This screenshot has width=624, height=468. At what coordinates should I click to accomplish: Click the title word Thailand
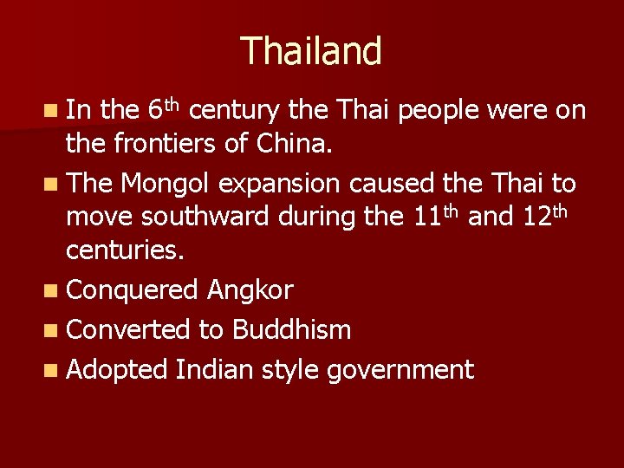pyautogui.click(x=311, y=51)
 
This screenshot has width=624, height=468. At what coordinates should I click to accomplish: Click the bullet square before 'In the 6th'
pyautogui.click(x=55, y=111)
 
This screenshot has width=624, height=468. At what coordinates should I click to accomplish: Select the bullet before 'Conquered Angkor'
pyautogui.click(x=55, y=290)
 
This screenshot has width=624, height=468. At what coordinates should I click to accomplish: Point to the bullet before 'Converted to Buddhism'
pyautogui.click(x=55, y=330)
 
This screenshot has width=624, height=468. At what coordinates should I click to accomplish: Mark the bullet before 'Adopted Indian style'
pyautogui.click(x=55, y=371)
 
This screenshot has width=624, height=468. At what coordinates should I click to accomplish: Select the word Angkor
pyautogui.click(x=250, y=289)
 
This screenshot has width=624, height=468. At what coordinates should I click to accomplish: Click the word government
pyautogui.click(x=401, y=371)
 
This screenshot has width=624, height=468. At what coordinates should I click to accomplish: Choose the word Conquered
pyautogui.click(x=133, y=290)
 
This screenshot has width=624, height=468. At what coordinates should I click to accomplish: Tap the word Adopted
pyautogui.click(x=116, y=371)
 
